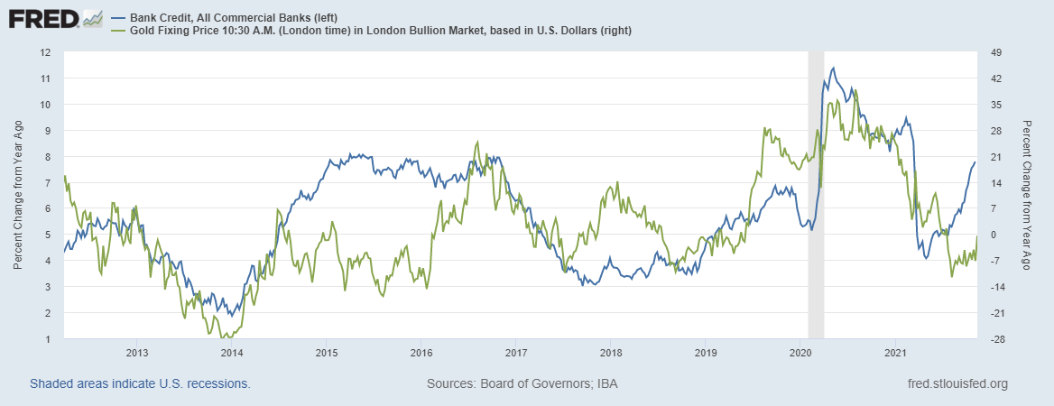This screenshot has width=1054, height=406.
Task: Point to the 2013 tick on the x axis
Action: [137, 353]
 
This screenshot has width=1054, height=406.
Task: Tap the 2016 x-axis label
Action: [421, 353]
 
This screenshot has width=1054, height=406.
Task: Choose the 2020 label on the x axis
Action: [800, 353]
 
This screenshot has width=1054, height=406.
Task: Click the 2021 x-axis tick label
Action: [894, 353]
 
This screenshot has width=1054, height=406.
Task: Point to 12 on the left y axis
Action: [43, 51]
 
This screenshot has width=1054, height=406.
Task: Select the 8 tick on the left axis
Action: [46, 156]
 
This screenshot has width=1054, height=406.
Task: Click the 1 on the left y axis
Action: [46, 339]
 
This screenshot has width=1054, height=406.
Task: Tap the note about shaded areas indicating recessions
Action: [140, 383]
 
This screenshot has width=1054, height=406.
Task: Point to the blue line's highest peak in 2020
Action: [832, 68]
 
